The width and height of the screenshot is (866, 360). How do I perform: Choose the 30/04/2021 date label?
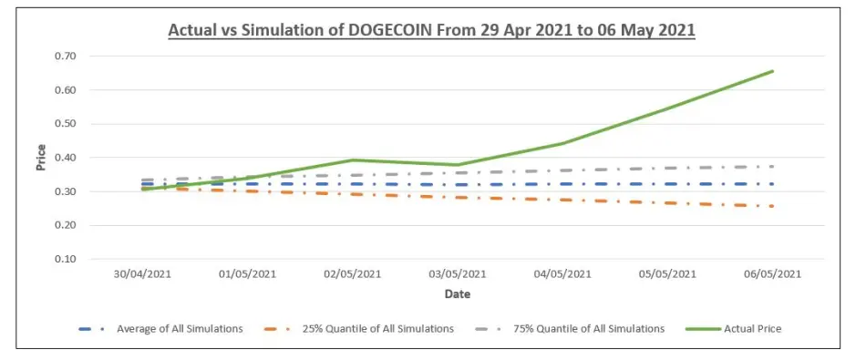click(143, 273)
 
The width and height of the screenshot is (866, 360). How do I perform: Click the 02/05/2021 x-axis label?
click(353, 273)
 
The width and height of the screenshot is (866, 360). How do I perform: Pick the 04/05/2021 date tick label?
click(562, 273)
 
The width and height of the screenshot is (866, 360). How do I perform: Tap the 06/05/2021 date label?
click(772, 273)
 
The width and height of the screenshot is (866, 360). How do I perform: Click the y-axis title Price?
click(41, 158)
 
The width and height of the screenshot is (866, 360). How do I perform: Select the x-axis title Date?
click(458, 294)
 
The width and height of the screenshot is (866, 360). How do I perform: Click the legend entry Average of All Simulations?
click(161, 329)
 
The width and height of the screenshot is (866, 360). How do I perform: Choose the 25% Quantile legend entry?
click(360, 329)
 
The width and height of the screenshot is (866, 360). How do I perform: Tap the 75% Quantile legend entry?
click(570, 329)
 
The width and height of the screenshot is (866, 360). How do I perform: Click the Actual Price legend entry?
click(734, 329)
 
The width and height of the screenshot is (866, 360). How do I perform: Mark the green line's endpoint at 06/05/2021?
click(772, 71)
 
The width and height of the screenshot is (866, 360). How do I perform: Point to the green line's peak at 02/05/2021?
click(353, 160)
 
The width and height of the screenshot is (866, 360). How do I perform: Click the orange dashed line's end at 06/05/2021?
click(772, 206)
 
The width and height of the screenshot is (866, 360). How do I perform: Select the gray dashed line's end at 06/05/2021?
click(772, 166)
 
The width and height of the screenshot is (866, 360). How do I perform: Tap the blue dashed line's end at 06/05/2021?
click(772, 184)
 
